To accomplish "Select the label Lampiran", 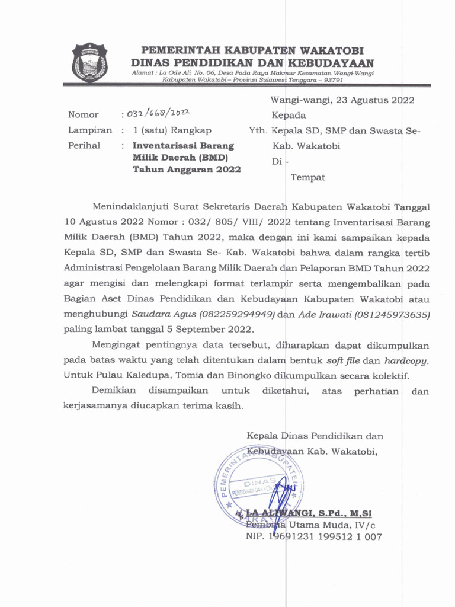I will click(x=89, y=130).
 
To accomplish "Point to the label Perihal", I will click(x=84, y=145).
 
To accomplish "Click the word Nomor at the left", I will click(x=84, y=115).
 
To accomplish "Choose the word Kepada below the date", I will click(x=289, y=115).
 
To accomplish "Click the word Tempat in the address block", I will click(x=308, y=177).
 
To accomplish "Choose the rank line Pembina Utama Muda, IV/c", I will click(x=310, y=525).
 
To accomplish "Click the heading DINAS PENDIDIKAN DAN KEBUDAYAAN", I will click(x=252, y=63).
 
